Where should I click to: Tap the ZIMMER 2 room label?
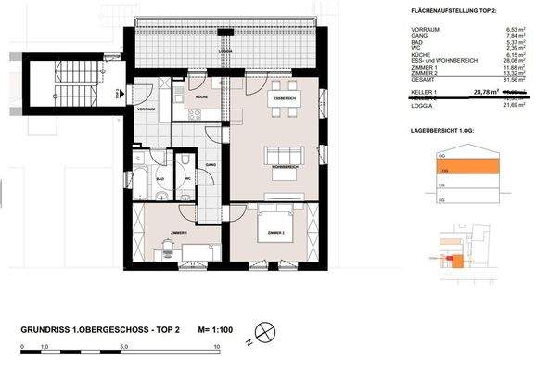point(275,232)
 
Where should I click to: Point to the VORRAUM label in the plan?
point(145,109)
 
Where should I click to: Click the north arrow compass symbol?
point(264,330)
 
